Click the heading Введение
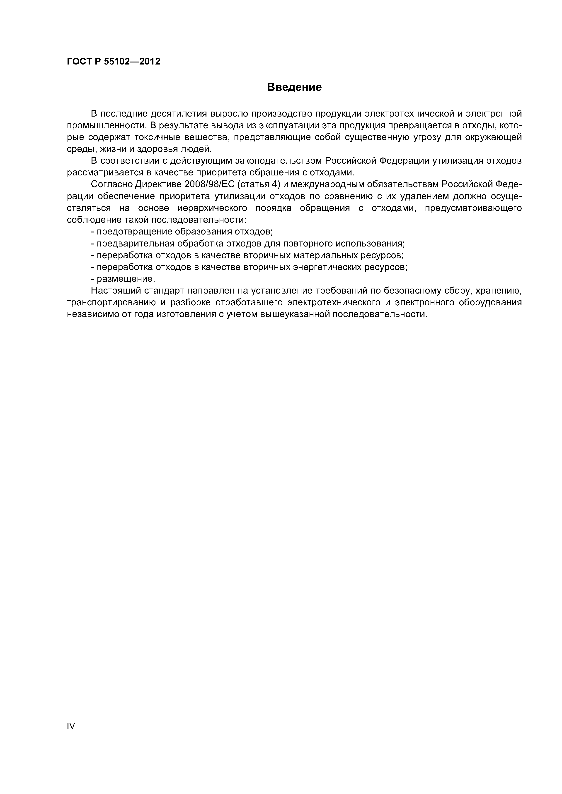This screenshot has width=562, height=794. coord(294,87)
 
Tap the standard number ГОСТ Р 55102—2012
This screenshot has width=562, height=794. coord(114,62)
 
